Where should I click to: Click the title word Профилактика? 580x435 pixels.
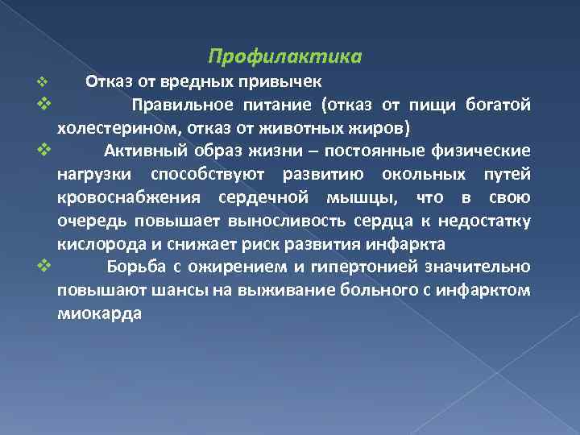coord(284,57)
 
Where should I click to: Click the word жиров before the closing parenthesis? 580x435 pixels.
coord(383,128)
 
